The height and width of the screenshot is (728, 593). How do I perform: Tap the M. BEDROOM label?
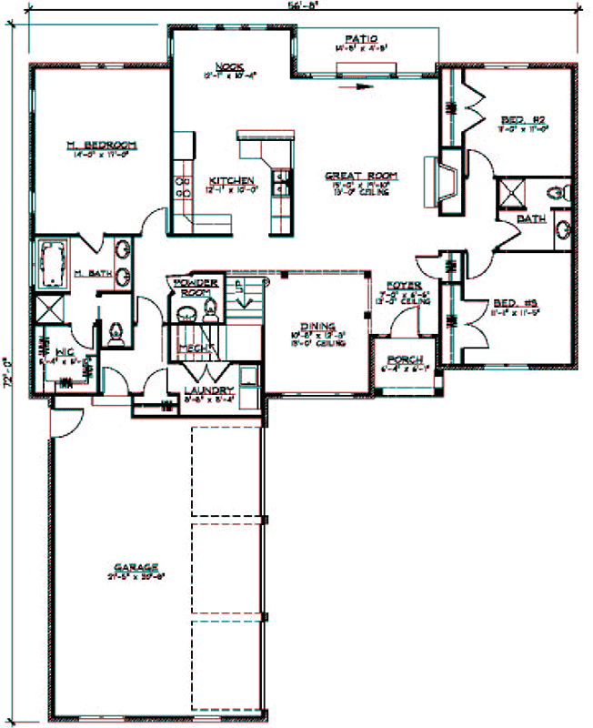tap(100, 146)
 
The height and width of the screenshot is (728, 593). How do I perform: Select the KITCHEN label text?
tap(226, 179)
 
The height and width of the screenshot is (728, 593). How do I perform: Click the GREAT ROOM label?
tap(345, 176)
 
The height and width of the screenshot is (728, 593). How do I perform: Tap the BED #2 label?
tap(523, 119)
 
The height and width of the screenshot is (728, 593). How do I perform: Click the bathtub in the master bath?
tap(53, 259)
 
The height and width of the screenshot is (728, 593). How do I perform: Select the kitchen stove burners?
tap(182, 186)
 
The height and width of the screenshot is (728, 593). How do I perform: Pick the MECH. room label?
tap(192, 348)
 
